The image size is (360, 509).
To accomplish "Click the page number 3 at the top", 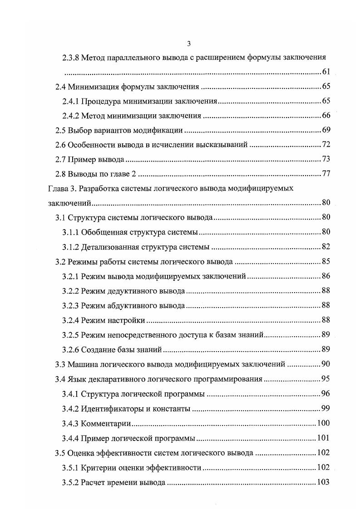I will coord(189,44).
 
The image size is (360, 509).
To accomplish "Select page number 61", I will coord(325,72).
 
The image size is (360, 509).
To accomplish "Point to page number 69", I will coord(325,130).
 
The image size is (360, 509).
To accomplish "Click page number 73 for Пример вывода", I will coord(325,159).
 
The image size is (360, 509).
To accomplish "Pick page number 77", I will coord(325,174).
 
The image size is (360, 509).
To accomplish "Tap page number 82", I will coord(325,247).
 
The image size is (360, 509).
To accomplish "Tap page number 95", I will coord(325,378).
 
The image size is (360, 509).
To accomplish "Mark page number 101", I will coord(323,438).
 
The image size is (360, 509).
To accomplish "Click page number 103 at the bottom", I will coord(323,482).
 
